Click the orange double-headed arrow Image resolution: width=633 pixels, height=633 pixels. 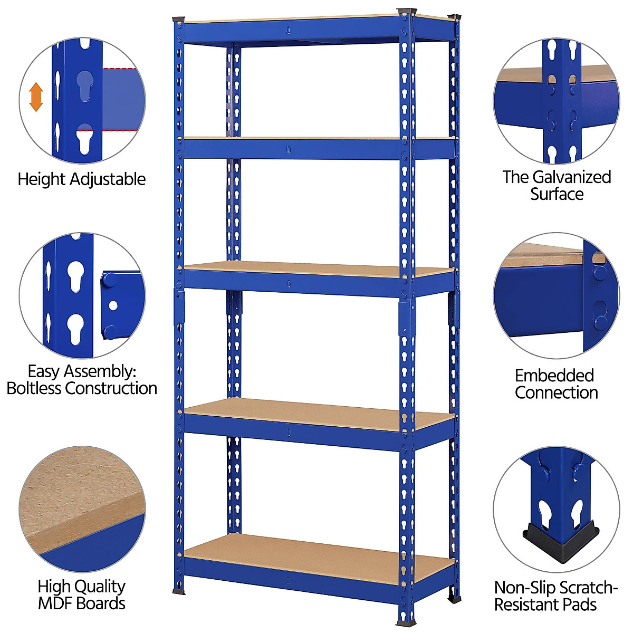pos(36,97)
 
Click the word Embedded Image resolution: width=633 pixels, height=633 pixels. pos(554,376)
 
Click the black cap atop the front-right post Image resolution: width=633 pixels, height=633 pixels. pos(407,11)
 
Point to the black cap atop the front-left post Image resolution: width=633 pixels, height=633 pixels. pos(178,19)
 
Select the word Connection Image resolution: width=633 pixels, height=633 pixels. pos(557,392)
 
